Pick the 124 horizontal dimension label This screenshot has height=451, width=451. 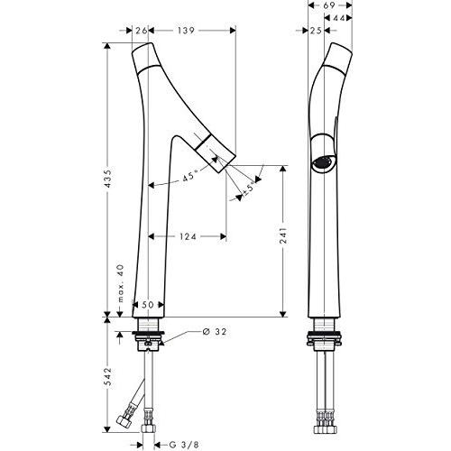[x=186, y=237]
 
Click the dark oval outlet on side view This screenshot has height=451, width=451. [x=323, y=161]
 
